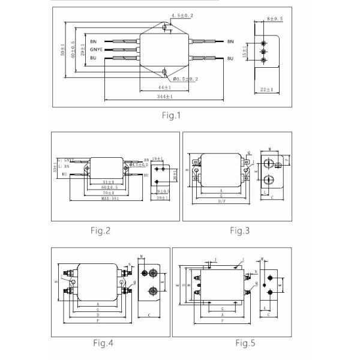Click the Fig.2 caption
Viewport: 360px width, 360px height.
pyautogui.click(x=101, y=230)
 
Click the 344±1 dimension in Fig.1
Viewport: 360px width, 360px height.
pyautogui.click(x=164, y=96)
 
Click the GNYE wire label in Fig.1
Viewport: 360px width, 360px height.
pyautogui.click(x=97, y=49)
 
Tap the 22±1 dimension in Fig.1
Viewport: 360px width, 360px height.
pyautogui.click(x=266, y=89)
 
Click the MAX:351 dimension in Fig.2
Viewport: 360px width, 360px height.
pyautogui.click(x=109, y=198)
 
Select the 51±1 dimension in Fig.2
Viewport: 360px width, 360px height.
pyautogui.click(x=108, y=181)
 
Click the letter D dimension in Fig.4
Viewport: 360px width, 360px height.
pyautogui.click(x=97, y=314)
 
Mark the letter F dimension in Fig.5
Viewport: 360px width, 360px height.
pyautogui.click(x=223, y=321)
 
